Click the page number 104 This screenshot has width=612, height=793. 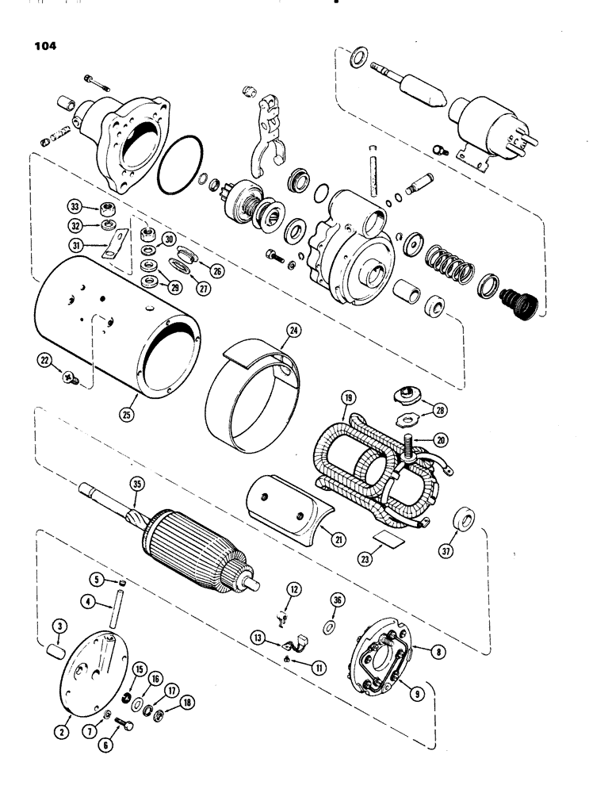pos(45,45)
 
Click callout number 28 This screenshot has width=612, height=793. pos(440,409)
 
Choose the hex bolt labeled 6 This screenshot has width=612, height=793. pos(124,725)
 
